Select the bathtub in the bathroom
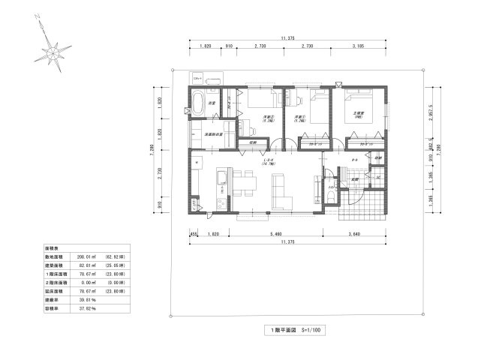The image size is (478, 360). coord(198,103)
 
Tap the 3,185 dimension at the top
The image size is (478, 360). coord(357,46)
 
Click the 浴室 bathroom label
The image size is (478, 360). coord(212,103)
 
